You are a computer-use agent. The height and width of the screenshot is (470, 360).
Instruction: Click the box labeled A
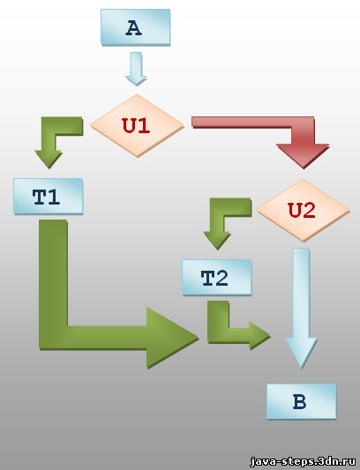(136, 27)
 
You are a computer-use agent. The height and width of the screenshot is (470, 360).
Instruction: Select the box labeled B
(302, 401)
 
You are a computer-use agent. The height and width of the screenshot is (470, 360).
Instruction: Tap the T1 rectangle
(48, 197)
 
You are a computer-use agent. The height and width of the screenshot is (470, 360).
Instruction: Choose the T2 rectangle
(216, 277)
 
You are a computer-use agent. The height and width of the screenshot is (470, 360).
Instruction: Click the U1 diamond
(137, 125)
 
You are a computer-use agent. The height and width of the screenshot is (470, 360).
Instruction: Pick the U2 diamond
(304, 211)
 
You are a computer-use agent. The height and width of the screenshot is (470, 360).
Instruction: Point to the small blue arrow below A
(136, 69)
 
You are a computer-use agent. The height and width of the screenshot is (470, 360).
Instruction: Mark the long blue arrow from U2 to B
(301, 308)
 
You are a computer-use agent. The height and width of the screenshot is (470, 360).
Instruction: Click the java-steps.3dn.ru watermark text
(303, 460)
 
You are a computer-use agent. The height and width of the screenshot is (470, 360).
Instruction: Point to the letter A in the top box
(134, 28)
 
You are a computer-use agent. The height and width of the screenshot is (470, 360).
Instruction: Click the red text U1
(136, 125)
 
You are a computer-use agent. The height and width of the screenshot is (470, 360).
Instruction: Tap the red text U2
(302, 210)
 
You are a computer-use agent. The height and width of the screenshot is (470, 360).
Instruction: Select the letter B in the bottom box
(299, 401)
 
